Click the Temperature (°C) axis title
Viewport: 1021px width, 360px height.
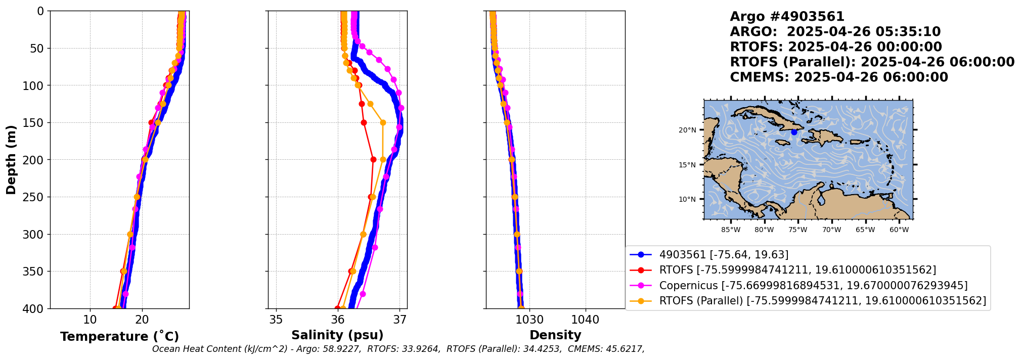click(x=120, y=336)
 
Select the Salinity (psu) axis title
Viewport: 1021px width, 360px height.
click(x=337, y=335)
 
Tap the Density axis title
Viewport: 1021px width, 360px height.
click(x=555, y=335)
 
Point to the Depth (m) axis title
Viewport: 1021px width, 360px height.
click(x=11, y=159)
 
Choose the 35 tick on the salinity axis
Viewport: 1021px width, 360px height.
click(x=276, y=320)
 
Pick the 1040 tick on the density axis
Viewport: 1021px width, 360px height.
click(x=585, y=320)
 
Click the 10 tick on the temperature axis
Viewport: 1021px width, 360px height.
click(x=90, y=320)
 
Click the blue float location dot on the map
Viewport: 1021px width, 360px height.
click(x=794, y=132)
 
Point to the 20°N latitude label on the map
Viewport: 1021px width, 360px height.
click(x=687, y=130)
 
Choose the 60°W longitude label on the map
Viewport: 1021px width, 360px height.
click(x=899, y=230)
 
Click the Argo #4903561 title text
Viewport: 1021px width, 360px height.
click(x=787, y=17)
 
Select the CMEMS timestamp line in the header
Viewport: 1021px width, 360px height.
click(x=839, y=77)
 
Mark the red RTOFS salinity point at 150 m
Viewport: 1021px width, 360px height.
click(x=364, y=122)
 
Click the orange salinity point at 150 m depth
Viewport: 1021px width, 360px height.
click(x=383, y=122)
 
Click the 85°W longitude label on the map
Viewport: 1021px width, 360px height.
click(x=731, y=230)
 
